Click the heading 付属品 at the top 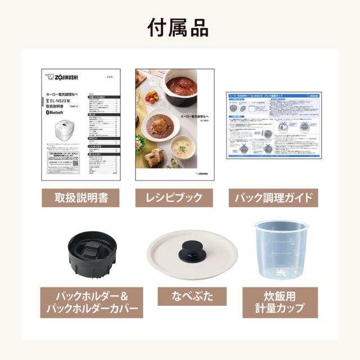pos(180,26)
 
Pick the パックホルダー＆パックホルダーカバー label pos(89,302)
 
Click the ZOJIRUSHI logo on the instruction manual pos(63,78)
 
